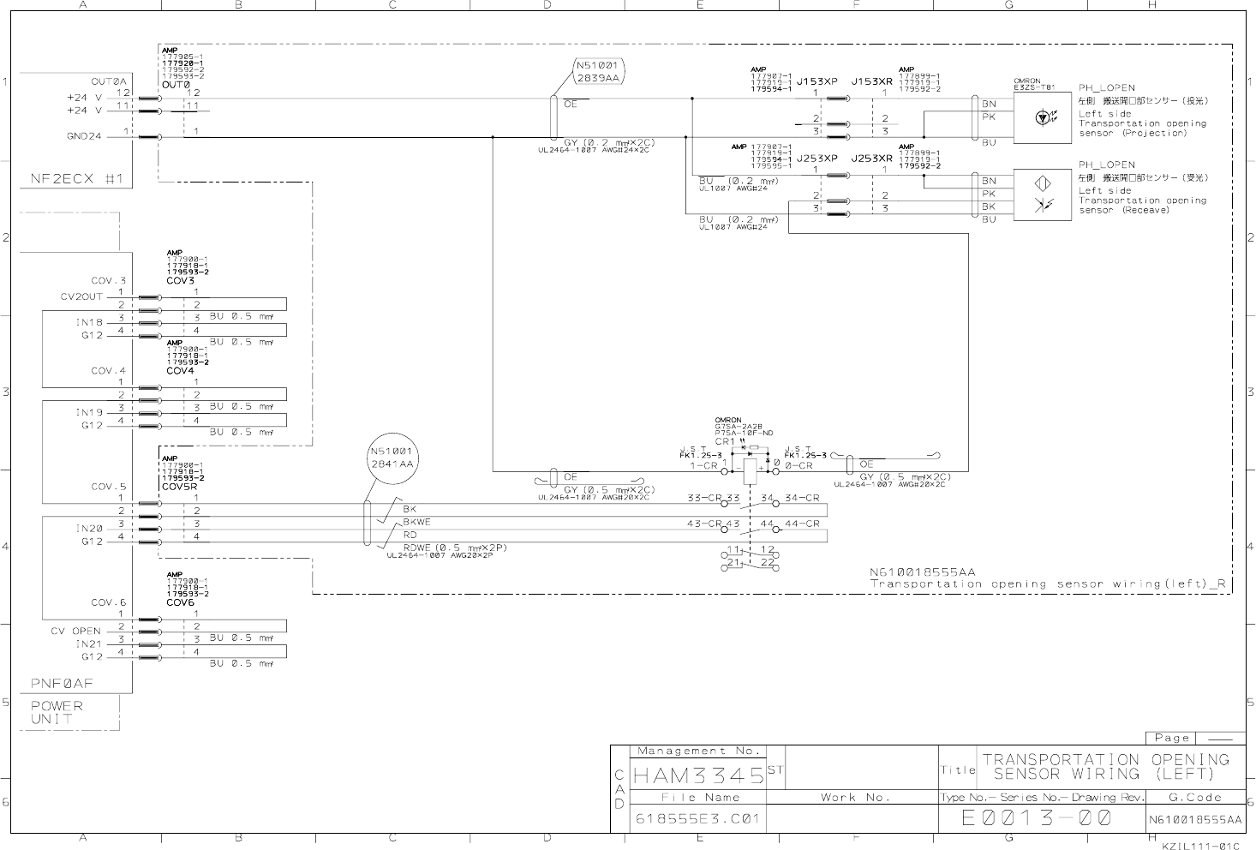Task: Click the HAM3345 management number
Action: (x=697, y=776)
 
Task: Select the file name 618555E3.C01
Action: (x=697, y=819)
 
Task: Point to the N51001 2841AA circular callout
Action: (x=392, y=458)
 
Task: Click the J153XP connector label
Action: (x=816, y=82)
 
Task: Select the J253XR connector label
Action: (x=871, y=159)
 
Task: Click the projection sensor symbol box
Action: (x=1041, y=117)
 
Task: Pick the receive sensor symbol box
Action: (x=1041, y=195)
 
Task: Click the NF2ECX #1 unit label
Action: (x=77, y=179)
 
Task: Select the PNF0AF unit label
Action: (x=62, y=684)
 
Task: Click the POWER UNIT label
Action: (x=57, y=712)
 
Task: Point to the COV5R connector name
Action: (x=180, y=486)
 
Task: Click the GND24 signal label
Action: (x=84, y=136)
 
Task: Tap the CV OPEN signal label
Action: (x=75, y=632)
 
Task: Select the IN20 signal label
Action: (x=89, y=529)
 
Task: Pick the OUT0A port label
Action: (x=109, y=81)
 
